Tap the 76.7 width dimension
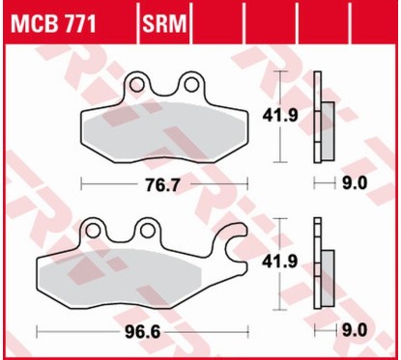[163, 181]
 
